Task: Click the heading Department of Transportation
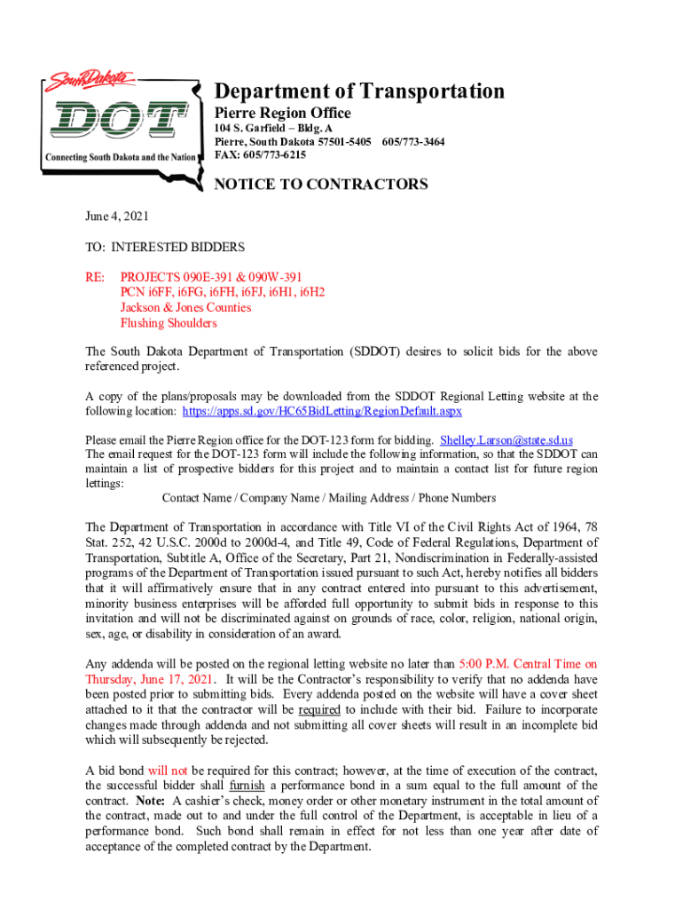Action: (x=360, y=91)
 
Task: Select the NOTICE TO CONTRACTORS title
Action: (x=322, y=185)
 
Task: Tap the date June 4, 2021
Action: (x=116, y=216)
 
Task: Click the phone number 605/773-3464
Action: (x=413, y=142)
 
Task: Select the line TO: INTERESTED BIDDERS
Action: (x=164, y=247)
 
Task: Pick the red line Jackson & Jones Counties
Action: (x=185, y=307)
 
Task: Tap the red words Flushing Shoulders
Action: (x=169, y=323)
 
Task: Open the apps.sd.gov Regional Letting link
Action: (x=322, y=412)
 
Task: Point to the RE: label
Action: (x=95, y=277)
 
